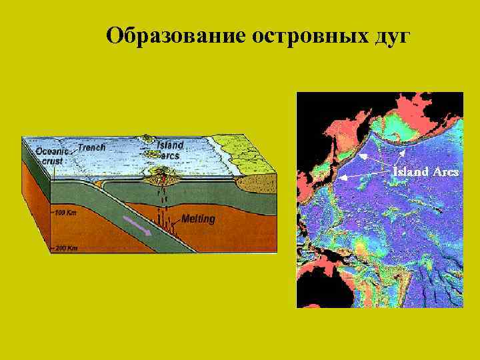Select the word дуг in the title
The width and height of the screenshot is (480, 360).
coord(388,36)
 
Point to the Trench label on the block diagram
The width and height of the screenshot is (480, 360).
coord(92,147)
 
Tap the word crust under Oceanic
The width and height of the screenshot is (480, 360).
coord(52,161)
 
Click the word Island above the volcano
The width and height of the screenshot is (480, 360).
coord(171,145)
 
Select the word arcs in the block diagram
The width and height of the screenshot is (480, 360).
coord(171,155)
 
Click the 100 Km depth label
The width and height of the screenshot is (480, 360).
coord(65,213)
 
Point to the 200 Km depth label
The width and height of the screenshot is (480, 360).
coord(65,247)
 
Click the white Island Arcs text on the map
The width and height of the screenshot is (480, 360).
coord(425,171)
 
